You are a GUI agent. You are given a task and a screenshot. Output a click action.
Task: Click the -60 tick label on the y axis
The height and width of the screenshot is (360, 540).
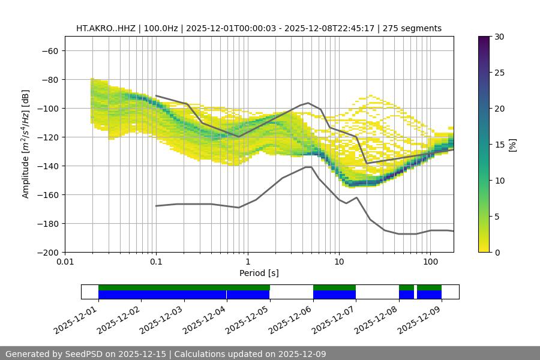[49, 50]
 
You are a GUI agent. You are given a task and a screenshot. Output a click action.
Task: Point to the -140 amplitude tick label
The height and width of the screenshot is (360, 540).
[47, 166]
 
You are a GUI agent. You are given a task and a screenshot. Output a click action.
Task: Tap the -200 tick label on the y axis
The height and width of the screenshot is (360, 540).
[47, 252]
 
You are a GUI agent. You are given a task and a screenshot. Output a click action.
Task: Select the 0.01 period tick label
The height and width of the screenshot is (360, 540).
[65, 262]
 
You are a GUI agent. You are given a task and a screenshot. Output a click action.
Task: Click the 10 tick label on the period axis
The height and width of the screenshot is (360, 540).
[339, 262]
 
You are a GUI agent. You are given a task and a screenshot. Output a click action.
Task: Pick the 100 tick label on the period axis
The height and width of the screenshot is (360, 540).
[430, 262]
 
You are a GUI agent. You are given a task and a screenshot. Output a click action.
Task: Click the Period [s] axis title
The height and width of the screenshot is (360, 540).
[259, 273]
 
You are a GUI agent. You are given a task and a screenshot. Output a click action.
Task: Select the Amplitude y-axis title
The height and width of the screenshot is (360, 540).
[26, 144]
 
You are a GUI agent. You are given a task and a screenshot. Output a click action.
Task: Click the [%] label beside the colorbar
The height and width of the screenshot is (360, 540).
[512, 145]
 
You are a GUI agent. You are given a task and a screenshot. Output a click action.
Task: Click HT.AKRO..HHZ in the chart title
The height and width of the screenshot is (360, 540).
[107, 28]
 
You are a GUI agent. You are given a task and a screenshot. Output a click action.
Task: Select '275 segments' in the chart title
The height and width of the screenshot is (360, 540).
[414, 28]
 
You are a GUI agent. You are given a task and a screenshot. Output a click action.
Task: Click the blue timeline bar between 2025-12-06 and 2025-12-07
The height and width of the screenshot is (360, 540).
[334, 295]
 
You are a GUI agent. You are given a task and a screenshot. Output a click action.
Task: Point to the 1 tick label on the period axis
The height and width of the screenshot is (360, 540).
[248, 262]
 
